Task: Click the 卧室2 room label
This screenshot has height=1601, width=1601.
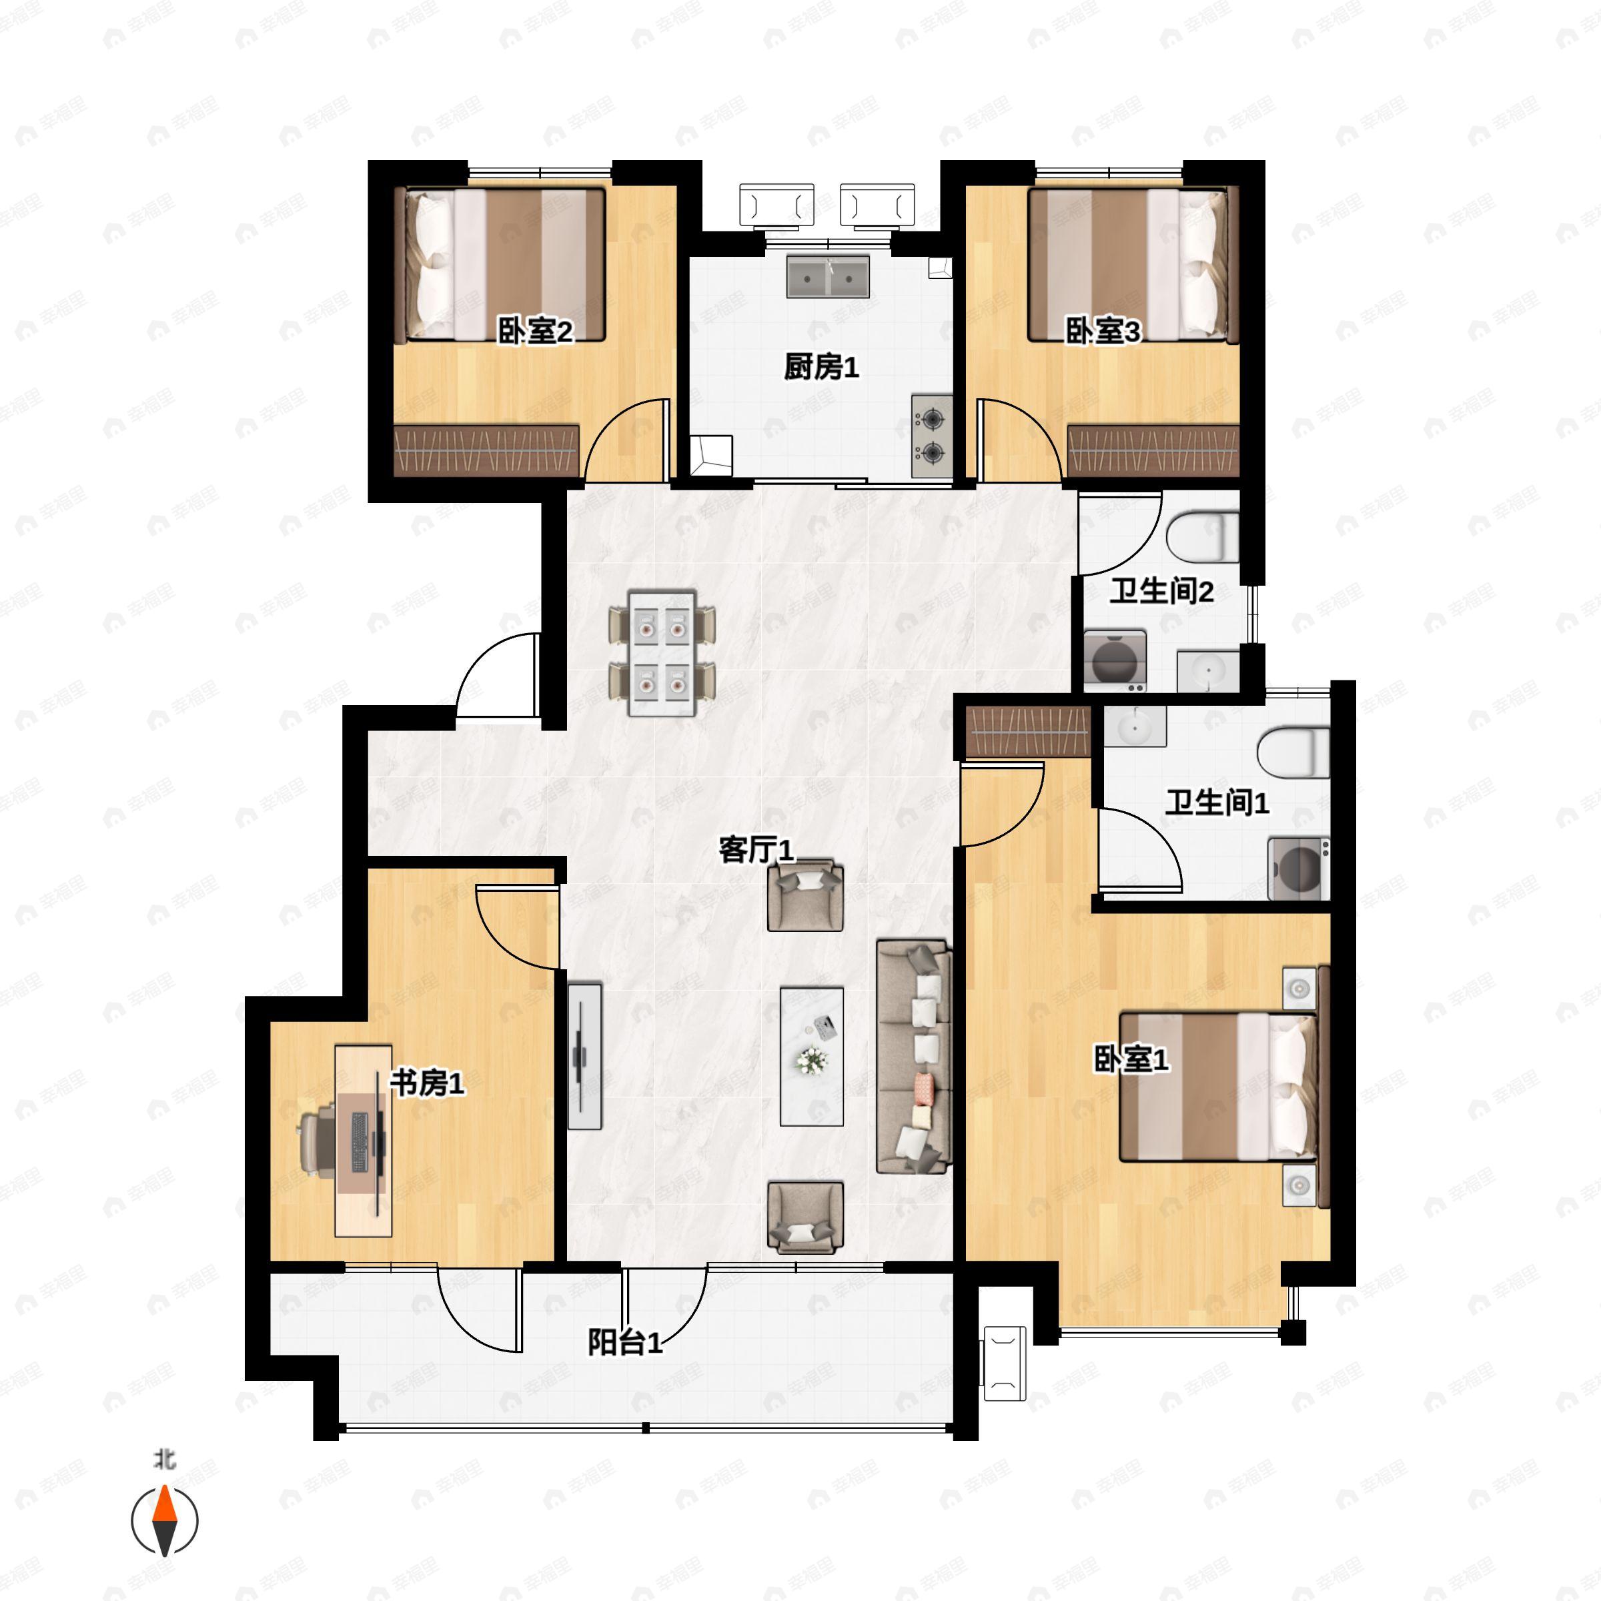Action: [x=535, y=332]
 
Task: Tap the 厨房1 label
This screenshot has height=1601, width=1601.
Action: [x=821, y=367]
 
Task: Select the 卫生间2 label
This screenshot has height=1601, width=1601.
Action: [x=1161, y=592]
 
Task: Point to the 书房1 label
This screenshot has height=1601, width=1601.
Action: [x=427, y=1082]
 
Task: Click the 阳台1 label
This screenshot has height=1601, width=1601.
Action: [x=626, y=1342]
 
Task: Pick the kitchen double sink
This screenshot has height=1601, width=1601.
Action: [x=829, y=277]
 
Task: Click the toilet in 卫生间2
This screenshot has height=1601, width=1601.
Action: [x=1202, y=535]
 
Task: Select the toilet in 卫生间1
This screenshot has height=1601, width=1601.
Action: [x=1293, y=752]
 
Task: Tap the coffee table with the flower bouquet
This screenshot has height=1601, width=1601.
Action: [x=812, y=1057]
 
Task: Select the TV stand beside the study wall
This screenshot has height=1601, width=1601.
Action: [x=584, y=1056]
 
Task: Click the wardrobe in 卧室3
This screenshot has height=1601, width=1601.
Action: [x=1153, y=451]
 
